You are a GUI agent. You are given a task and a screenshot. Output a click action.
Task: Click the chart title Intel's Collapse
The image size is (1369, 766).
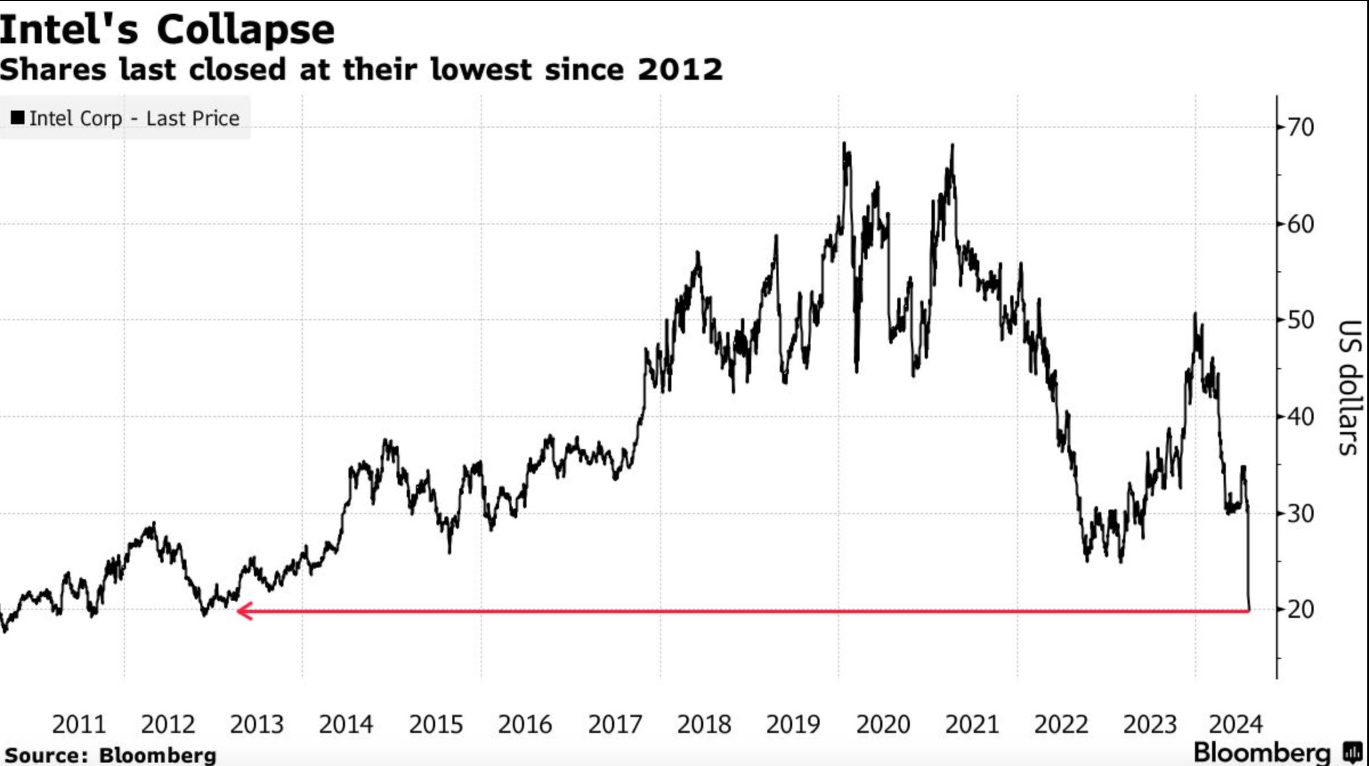click(x=167, y=30)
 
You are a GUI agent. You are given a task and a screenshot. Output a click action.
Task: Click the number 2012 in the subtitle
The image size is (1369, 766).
click(x=680, y=70)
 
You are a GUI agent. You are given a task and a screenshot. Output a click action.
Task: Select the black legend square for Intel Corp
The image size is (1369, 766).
click(x=18, y=117)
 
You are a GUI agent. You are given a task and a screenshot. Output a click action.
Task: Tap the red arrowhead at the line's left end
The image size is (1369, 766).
click(x=244, y=611)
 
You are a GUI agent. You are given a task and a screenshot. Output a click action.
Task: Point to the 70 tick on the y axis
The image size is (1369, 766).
click(x=1301, y=127)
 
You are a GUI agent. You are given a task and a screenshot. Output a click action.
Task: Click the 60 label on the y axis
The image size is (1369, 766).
click(x=1301, y=224)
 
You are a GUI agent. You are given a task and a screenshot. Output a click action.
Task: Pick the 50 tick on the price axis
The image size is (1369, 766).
click(x=1301, y=320)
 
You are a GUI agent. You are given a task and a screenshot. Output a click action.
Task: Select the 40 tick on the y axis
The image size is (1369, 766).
click(x=1301, y=417)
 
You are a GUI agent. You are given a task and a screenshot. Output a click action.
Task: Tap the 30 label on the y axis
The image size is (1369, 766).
click(x=1301, y=514)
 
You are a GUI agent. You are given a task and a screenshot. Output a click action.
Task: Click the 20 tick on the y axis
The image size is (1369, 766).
click(x=1301, y=609)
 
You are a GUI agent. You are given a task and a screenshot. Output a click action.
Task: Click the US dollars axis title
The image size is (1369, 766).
click(x=1350, y=388)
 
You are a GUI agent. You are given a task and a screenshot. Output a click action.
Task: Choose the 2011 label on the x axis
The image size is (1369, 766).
click(x=79, y=724)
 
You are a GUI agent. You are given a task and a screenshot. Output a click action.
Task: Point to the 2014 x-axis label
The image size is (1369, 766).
click(x=346, y=724)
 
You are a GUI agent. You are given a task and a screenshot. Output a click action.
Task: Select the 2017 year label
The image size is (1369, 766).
click(x=615, y=724)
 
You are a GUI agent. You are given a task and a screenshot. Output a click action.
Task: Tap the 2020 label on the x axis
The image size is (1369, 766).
click(x=882, y=724)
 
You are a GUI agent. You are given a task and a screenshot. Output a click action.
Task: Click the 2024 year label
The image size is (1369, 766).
click(x=1236, y=724)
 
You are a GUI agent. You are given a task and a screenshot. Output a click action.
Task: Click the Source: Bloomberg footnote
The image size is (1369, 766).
click(x=111, y=755)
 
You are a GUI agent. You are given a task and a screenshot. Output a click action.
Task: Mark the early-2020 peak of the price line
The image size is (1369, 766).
click(x=844, y=144)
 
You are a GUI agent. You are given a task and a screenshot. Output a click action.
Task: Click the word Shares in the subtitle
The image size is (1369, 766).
click(x=52, y=70)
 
